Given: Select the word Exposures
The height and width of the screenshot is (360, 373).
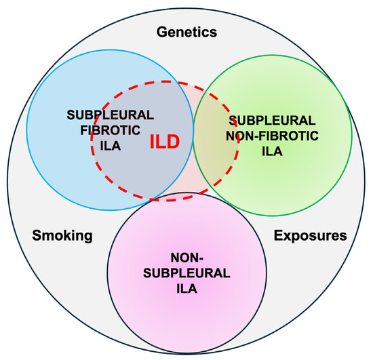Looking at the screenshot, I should (x=310, y=236).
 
